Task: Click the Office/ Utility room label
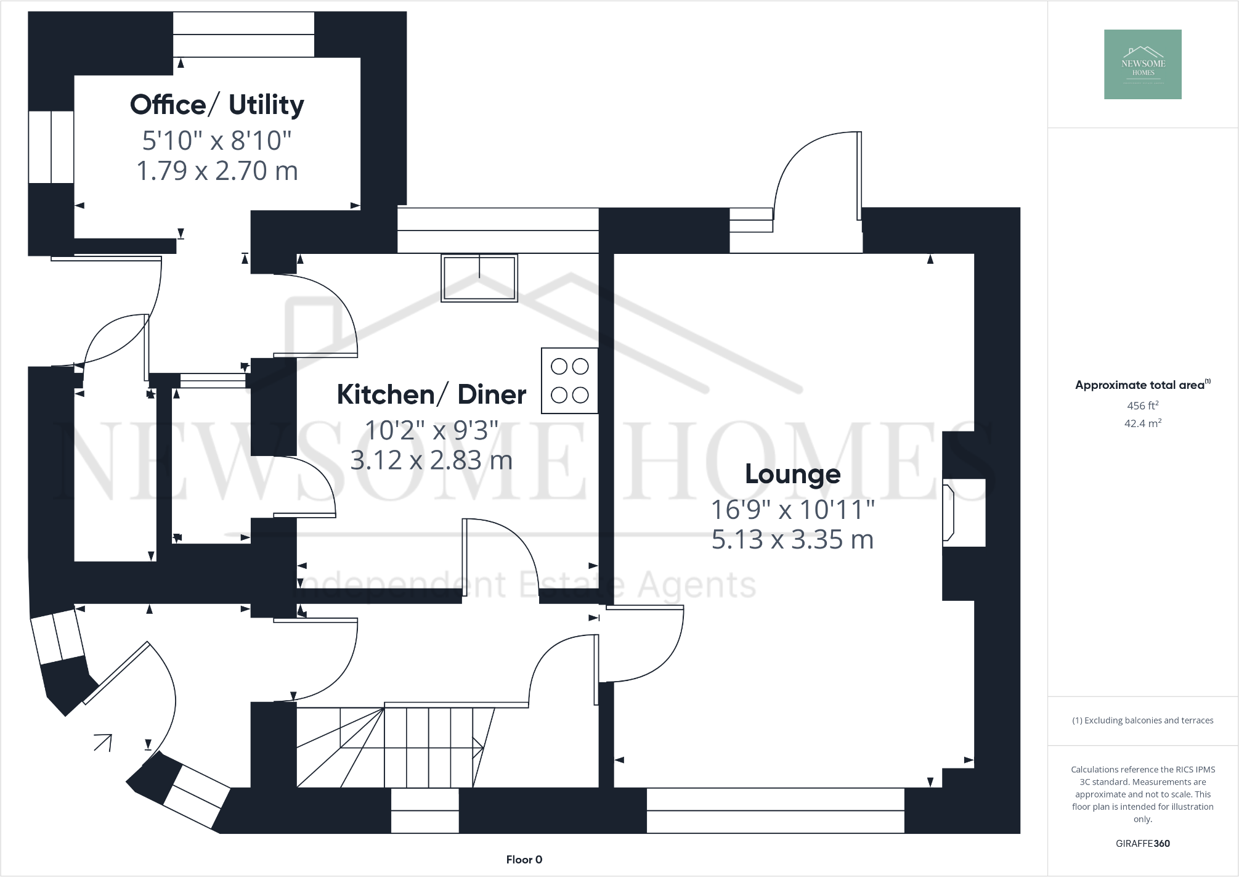[x=217, y=105]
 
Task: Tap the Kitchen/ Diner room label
[x=431, y=394]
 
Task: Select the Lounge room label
[x=792, y=474]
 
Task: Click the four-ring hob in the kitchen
[x=569, y=381]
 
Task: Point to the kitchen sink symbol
[x=479, y=277]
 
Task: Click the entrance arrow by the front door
[x=103, y=742]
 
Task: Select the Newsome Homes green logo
[x=1142, y=64]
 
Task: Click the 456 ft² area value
[x=1142, y=406]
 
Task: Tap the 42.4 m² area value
[x=1142, y=423]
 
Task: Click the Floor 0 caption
[x=524, y=860]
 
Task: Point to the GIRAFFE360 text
[x=1142, y=844]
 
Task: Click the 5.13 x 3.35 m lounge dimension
[x=792, y=540]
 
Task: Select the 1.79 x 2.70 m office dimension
[x=217, y=171]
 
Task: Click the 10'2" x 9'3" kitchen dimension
[x=431, y=430]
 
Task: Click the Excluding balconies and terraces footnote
[x=1142, y=720]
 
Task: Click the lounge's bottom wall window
[x=775, y=810]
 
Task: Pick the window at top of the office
[x=243, y=35]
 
